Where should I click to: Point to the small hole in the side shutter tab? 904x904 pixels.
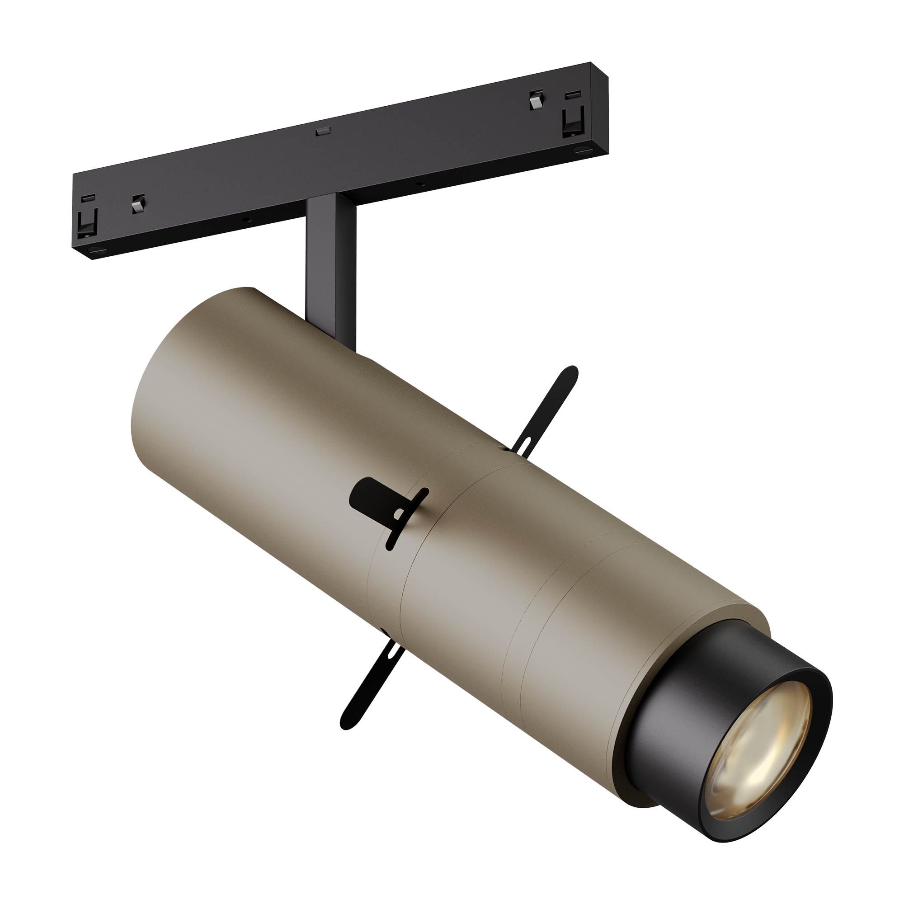pos(398,515)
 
